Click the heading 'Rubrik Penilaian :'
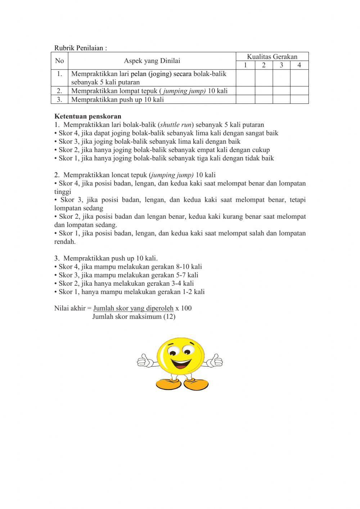click(x=81, y=48)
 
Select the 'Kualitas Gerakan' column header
click(x=272, y=57)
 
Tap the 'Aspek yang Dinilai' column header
click(x=152, y=61)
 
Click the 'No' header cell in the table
click(x=59, y=61)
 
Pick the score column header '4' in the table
click(x=299, y=65)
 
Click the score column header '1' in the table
click(x=246, y=65)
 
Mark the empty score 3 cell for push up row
click(x=281, y=99)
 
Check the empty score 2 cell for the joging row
click(x=264, y=78)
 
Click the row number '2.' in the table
click(x=59, y=91)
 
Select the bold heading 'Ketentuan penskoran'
click(x=88, y=116)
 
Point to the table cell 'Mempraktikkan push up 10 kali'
click(x=117, y=100)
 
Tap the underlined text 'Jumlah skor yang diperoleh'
click(x=133, y=308)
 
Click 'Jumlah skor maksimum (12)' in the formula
click(x=134, y=317)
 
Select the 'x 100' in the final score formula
click(x=184, y=308)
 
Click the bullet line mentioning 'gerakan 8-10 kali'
click(x=128, y=267)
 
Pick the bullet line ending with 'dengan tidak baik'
click(x=164, y=158)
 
